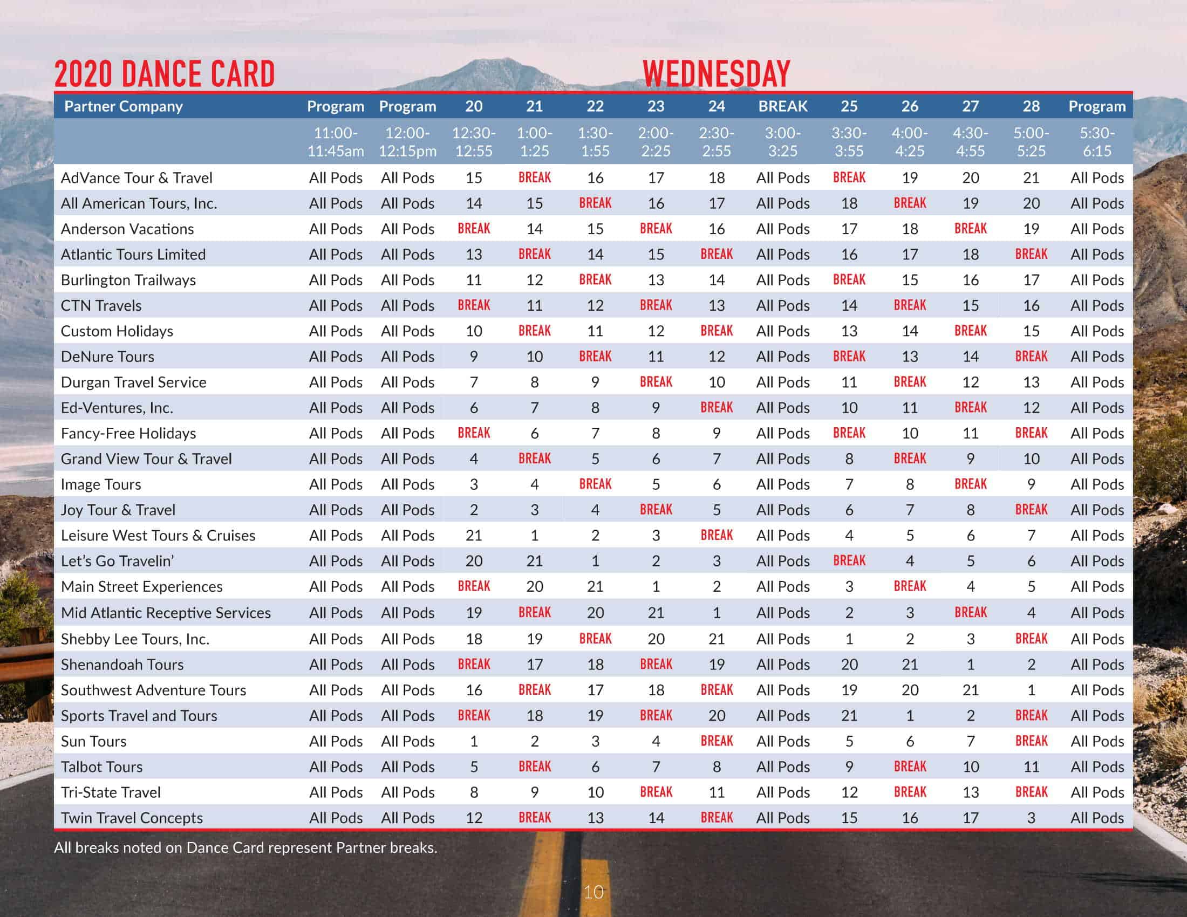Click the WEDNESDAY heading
[717, 74]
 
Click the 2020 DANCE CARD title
[165, 74]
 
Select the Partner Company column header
[124, 106]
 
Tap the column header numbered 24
[717, 106]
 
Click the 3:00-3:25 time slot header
[783, 142]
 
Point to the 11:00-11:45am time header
[336, 142]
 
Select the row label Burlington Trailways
[128, 280]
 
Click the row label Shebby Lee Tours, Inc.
[135, 639]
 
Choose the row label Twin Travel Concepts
[132, 818]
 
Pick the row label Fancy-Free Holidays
[128, 433]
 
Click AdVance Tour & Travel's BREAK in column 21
[534, 177]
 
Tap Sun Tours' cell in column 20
[473, 741]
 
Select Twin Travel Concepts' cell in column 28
[1031, 818]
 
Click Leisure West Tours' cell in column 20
[473, 535]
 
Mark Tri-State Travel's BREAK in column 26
[910, 792]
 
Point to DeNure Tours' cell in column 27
[970, 357]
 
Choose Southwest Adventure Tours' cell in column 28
[1031, 690]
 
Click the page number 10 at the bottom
[593, 892]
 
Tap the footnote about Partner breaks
[245, 847]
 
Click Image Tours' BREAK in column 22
[595, 484]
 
